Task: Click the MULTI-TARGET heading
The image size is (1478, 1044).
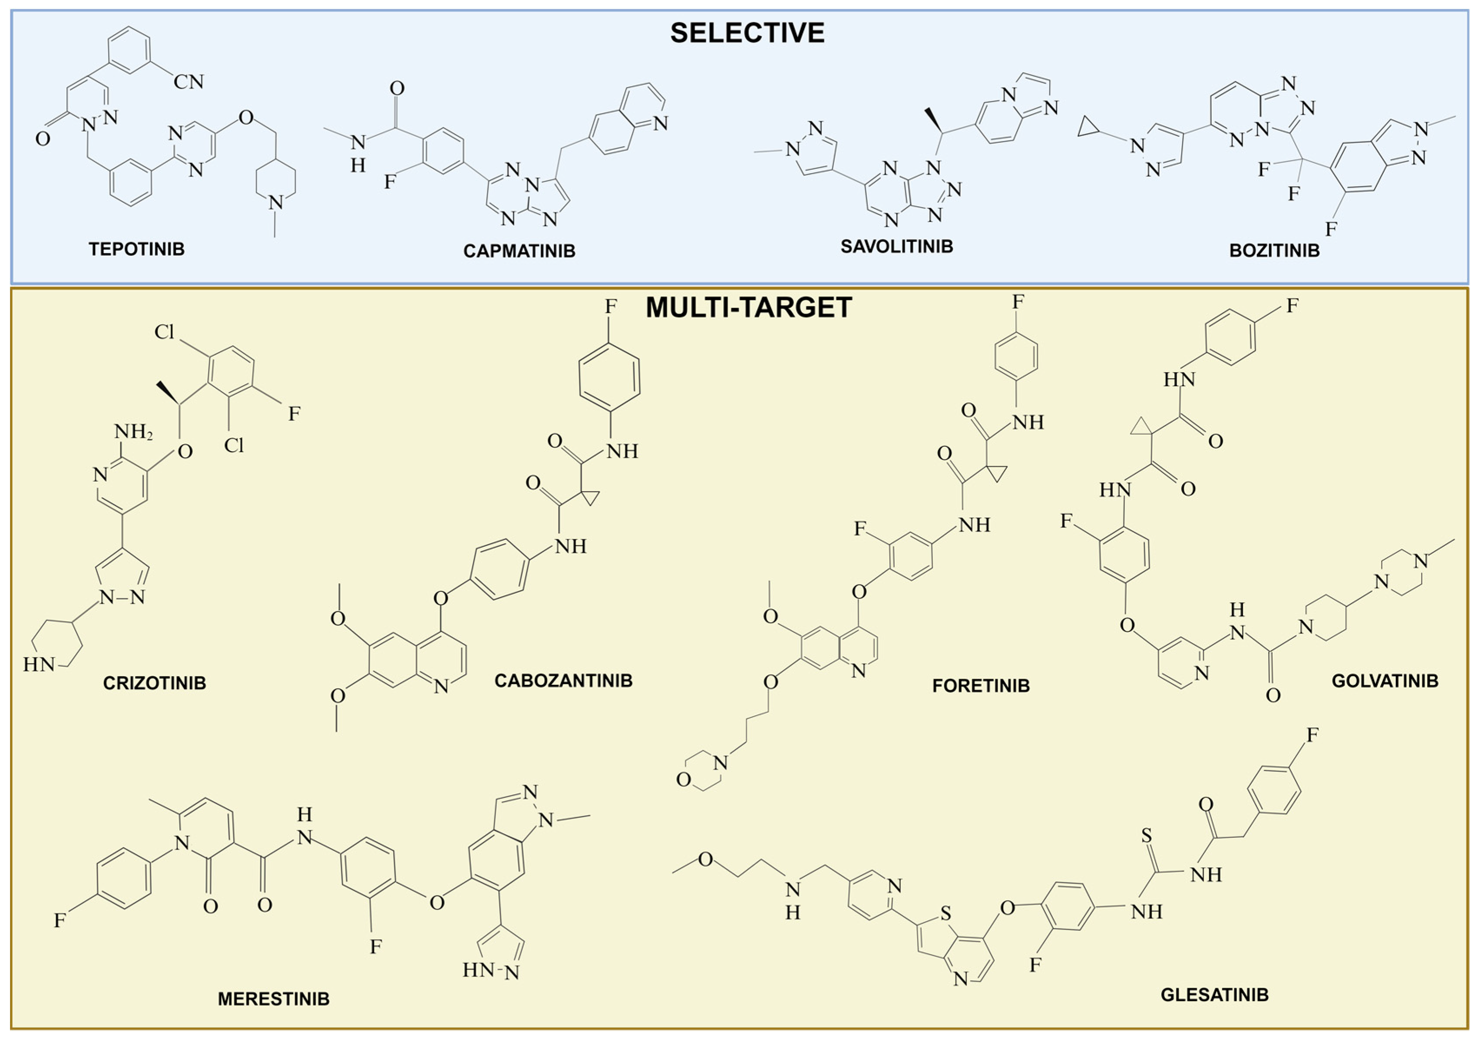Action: tap(749, 307)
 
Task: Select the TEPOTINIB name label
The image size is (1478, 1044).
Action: tap(136, 249)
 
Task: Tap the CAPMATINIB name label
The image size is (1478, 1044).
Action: tap(519, 251)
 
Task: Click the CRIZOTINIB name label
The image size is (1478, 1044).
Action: tap(155, 683)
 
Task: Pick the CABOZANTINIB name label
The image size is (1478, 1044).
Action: tap(563, 681)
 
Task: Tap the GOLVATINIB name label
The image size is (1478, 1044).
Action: tap(1385, 681)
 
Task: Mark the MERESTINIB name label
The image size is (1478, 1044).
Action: tap(274, 998)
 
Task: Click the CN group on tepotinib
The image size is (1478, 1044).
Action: tap(188, 82)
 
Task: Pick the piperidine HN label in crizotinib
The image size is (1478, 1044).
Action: tap(39, 664)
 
